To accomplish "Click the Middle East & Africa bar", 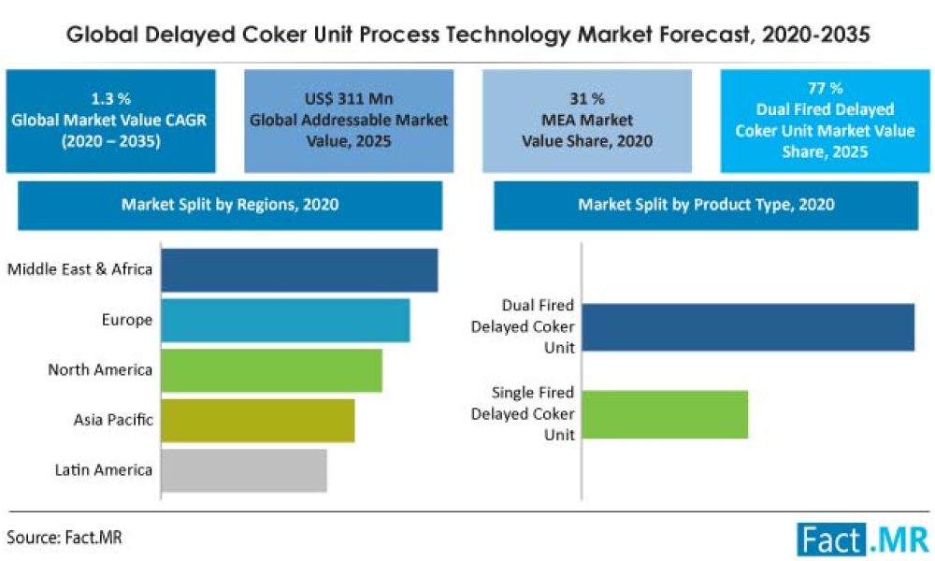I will coord(299,270).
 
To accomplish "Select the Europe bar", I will coord(285,321).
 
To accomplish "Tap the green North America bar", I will coord(271,370).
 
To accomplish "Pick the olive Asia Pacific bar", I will coord(257,420).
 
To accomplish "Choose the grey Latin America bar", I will coord(243,469).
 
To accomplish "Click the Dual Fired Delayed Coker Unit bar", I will coord(747,327).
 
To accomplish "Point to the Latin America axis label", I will coord(104,469).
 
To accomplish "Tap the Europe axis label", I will coord(126,321).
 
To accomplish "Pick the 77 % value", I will coord(827,89).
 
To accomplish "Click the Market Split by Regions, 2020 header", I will coord(230,204).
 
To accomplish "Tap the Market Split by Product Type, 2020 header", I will coord(706,204).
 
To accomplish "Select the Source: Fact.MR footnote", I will coord(65,538).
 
